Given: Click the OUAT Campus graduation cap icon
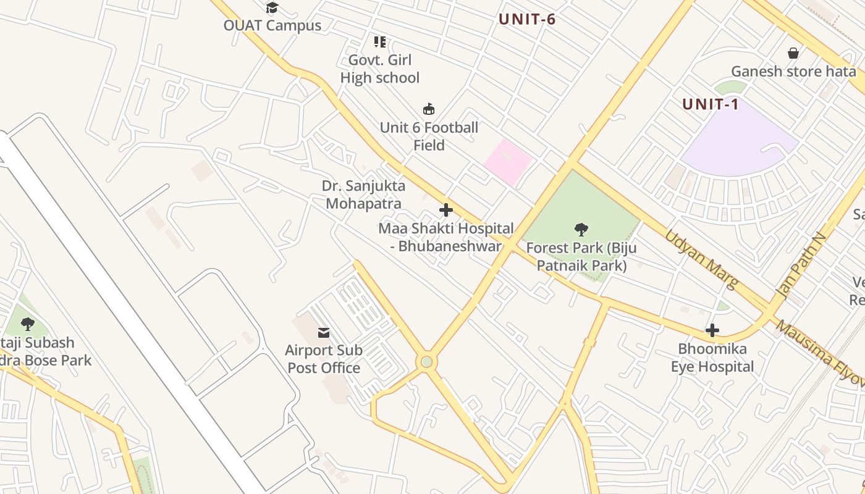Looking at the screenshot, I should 272,8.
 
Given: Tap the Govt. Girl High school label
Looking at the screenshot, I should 379,69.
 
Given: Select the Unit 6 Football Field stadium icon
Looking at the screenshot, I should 428,109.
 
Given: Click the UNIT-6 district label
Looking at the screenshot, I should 527,19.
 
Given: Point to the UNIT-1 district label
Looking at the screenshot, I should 711,104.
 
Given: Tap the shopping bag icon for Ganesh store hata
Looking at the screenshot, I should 793,53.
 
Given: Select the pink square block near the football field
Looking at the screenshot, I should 507,161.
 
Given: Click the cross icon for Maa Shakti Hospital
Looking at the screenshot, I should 445,210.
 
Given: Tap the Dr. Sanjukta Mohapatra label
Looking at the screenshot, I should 363,195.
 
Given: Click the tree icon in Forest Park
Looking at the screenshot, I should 581,230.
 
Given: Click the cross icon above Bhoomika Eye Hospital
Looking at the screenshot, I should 712,330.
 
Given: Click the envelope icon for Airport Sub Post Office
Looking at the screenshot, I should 323,333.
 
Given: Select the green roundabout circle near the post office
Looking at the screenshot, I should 426,361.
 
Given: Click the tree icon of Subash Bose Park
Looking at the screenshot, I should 27,324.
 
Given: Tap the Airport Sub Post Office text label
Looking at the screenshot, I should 323,359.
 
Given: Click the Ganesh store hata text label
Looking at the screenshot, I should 793,72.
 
